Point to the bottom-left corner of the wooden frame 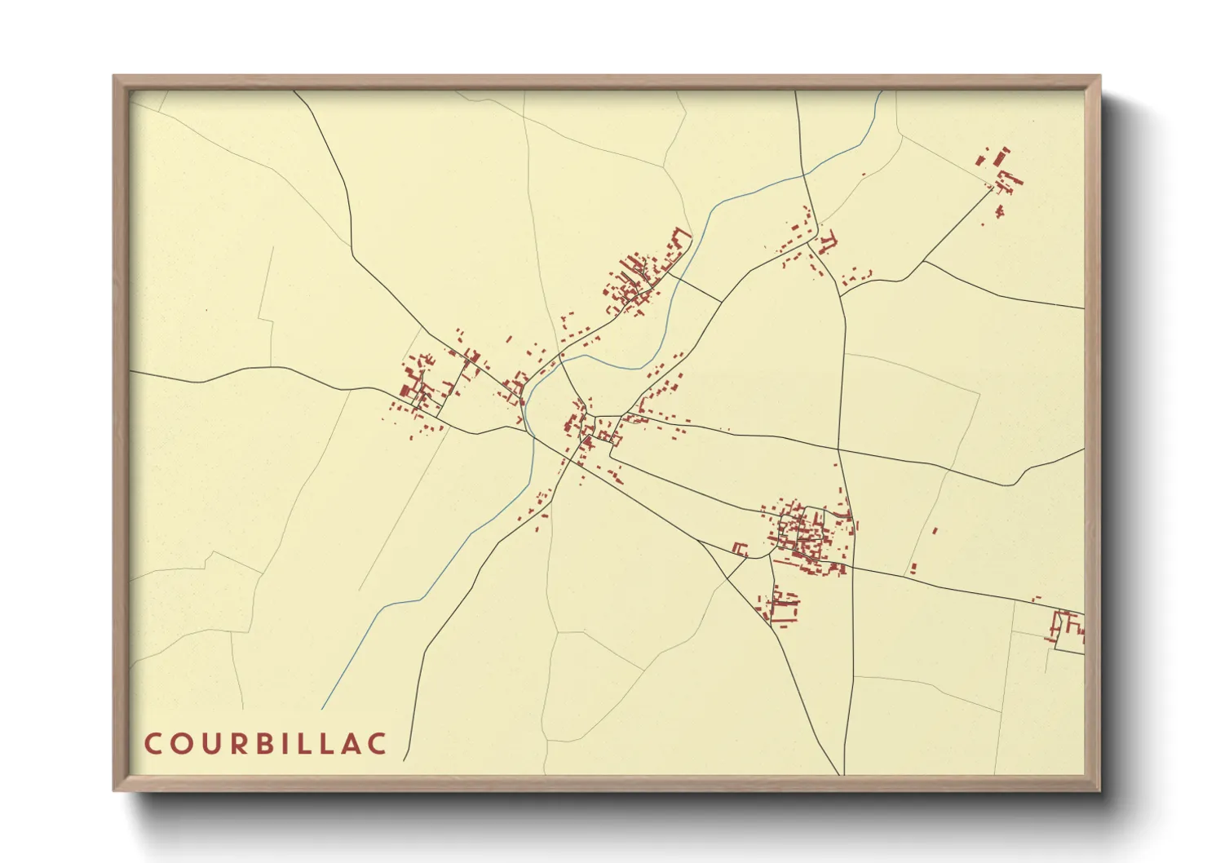coord(115,789)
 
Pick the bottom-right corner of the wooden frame coord(1099,789)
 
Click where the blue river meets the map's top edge coord(882,91)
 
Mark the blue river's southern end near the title coord(323,708)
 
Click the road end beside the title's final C coord(405,758)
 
